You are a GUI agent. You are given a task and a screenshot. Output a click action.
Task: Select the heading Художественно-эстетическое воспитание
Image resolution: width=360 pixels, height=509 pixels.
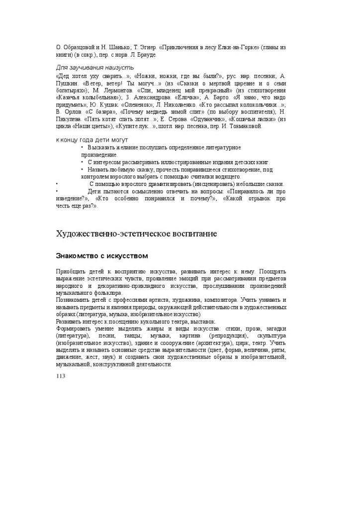coord(136,233)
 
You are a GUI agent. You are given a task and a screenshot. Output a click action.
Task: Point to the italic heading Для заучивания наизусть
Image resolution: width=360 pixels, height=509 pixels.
coord(94,67)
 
